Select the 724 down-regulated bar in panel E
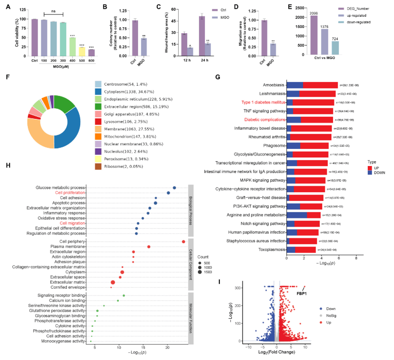[335, 48]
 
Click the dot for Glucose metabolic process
[174, 188]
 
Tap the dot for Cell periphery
[183, 242]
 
